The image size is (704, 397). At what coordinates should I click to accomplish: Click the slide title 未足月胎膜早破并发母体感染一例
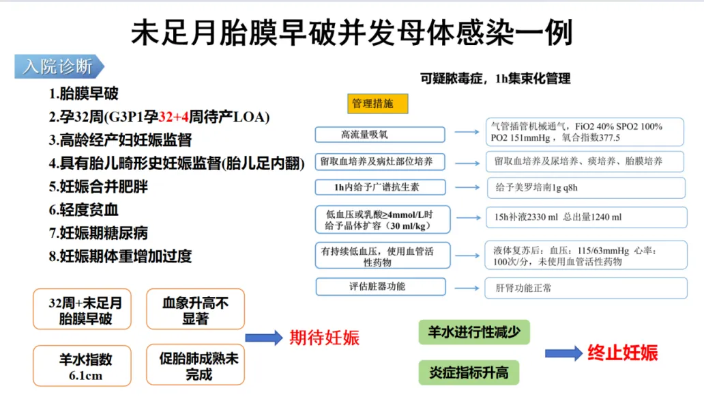tap(351, 32)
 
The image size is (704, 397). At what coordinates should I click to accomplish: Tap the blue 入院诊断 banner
tap(59, 66)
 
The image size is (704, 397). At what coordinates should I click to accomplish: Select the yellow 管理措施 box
tap(377, 104)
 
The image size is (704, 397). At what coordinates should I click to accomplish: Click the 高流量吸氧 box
tap(379, 135)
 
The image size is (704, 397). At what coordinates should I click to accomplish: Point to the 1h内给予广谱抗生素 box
tap(381, 187)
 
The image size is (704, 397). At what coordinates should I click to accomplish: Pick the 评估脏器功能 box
tap(381, 286)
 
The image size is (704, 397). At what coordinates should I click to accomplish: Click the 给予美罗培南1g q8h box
tap(586, 187)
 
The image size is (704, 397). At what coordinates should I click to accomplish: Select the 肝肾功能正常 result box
tap(586, 288)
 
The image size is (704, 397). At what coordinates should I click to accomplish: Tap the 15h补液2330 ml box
tap(586, 217)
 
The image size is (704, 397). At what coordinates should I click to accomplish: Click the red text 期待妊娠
tap(324, 337)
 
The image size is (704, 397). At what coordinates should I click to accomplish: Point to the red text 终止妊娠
tap(622, 353)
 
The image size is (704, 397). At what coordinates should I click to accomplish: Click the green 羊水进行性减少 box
tap(473, 332)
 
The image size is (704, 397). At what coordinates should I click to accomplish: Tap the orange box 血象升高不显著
tap(195, 310)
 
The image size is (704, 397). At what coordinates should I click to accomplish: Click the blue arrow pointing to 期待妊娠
tap(263, 337)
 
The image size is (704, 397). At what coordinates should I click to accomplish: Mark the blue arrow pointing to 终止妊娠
tap(563, 353)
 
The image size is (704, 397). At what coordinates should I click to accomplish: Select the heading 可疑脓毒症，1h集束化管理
tap(495, 79)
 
